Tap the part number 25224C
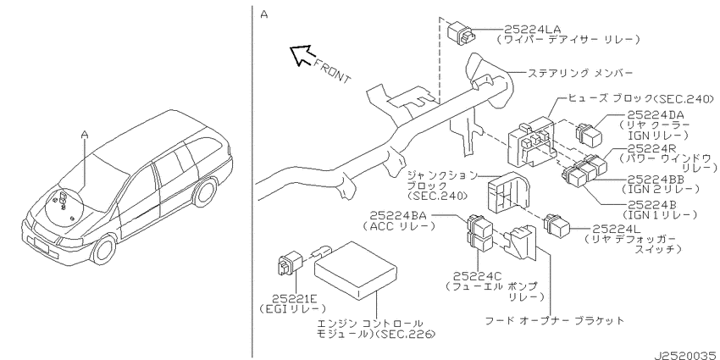(x=478, y=276)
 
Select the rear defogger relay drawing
(x=557, y=226)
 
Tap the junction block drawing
(x=507, y=194)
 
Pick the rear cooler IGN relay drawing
(x=590, y=134)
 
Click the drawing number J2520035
(x=686, y=356)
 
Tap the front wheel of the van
(x=105, y=250)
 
